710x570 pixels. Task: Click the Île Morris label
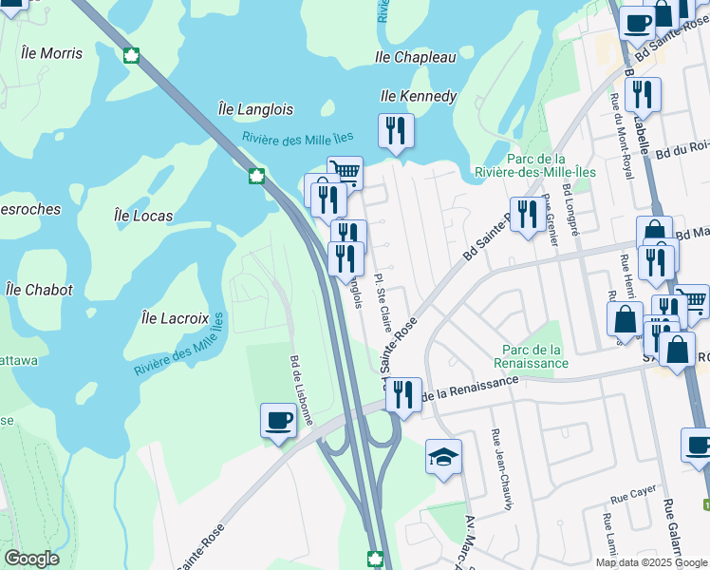tap(51, 53)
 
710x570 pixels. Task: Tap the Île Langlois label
tap(255, 109)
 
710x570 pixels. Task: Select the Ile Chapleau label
tap(417, 58)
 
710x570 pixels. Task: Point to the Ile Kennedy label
tap(419, 96)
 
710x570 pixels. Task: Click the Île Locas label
tap(143, 216)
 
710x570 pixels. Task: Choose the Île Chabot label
tap(38, 290)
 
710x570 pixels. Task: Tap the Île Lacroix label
tap(175, 316)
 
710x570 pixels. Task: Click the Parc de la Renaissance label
tap(531, 356)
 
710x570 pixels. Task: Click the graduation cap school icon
tap(443, 458)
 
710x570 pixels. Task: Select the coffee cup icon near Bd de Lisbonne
tap(278, 420)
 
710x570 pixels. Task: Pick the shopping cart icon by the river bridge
tap(346, 173)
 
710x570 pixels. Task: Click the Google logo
tap(32, 559)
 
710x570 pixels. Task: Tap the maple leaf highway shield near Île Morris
tap(131, 55)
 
